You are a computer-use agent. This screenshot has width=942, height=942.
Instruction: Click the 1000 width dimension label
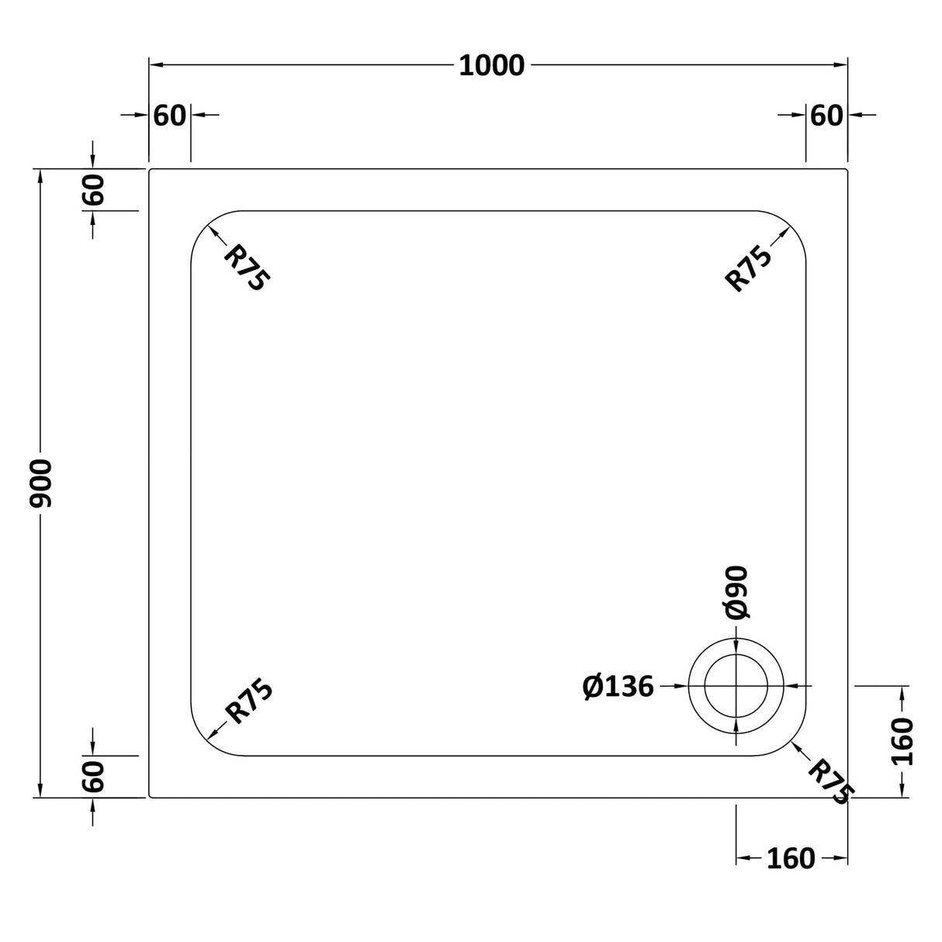(492, 66)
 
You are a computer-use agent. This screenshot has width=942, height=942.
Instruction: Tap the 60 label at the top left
(170, 115)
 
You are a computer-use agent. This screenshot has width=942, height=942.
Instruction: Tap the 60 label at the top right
(826, 115)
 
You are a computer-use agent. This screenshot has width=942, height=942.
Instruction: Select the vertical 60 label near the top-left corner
(92, 189)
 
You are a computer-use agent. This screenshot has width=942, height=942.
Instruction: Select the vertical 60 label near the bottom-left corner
(92, 777)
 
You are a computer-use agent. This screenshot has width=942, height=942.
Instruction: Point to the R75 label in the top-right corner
(748, 268)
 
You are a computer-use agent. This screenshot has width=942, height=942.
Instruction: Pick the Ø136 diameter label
(618, 686)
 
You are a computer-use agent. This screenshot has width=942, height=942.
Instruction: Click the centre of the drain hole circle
(736, 686)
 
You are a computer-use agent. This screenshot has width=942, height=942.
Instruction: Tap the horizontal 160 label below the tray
(791, 858)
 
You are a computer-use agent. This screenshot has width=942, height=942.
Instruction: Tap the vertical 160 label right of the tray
(902, 741)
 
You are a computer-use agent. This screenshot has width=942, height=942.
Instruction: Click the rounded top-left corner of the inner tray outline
(206, 226)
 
